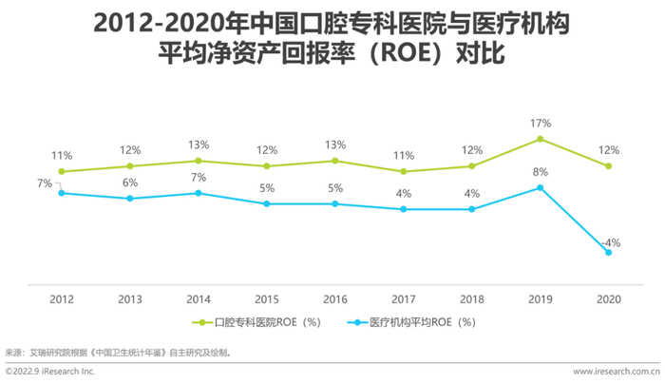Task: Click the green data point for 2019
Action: tap(540, 139)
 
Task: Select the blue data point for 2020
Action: tap(608, 252)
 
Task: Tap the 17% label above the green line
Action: tap(540, 123)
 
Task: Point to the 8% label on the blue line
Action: tap(540, 172)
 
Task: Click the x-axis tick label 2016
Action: tap(335, 298)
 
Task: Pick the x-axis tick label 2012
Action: tap(62, 298)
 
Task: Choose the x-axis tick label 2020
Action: tap(608, 298)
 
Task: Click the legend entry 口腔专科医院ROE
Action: tap(256, 322)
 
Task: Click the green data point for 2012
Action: tap(62, 172)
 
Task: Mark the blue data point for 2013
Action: tap(130, 199)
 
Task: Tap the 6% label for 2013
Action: tap(130, 182)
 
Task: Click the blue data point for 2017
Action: tap(404, 209)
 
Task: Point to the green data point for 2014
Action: tap(199, 161)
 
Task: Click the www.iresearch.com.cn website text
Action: tap(616, 372)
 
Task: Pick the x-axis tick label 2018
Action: tap(472, 298)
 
